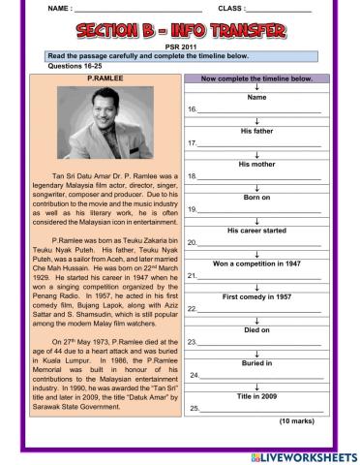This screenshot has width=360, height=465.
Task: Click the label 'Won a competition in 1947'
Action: [256, 263]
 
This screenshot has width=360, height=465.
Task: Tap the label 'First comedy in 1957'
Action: [256, 295]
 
